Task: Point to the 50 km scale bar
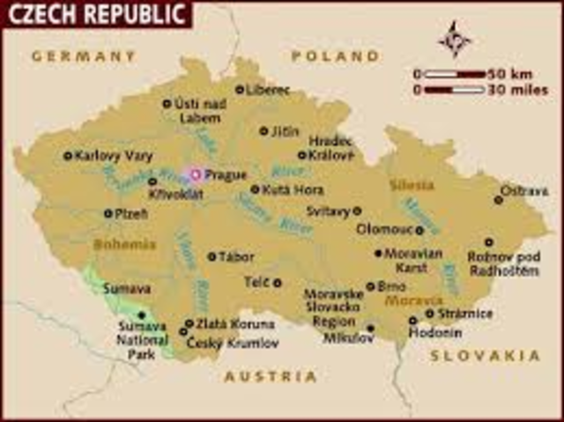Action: tap(453, 74)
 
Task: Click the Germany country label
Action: tap(83, 56)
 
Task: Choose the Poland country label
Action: tap(334, 56)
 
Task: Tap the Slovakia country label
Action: tap(485, 355)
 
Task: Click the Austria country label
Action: tap(270, 376)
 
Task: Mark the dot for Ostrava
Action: tap(499, 200)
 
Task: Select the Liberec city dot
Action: tap(240, 89)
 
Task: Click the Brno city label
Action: tap(391, 286)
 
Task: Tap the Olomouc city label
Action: tap(384, 229)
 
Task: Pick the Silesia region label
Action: tap(412, 185)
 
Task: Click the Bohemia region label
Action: tap(124, 244)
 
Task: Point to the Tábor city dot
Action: tap(211, 256)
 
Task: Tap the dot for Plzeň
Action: tap(108, 213)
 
